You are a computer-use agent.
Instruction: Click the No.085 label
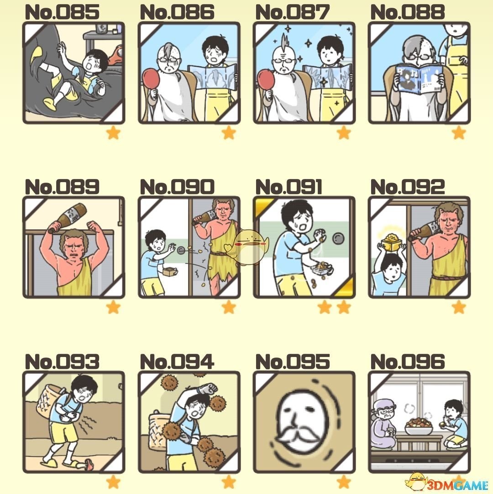[x=62, y=12]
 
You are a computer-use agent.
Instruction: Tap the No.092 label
[x=408, y=187]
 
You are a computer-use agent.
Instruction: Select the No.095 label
[x=293, y=362]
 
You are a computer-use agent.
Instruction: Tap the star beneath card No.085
[x=113, y=133]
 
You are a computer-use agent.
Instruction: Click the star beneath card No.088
[x=459, y=133]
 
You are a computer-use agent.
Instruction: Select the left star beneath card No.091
[x=325, y=307]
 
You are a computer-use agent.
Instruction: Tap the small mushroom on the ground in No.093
[x=89, y=463]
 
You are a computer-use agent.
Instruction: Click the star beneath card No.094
[x=229, y=482]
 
